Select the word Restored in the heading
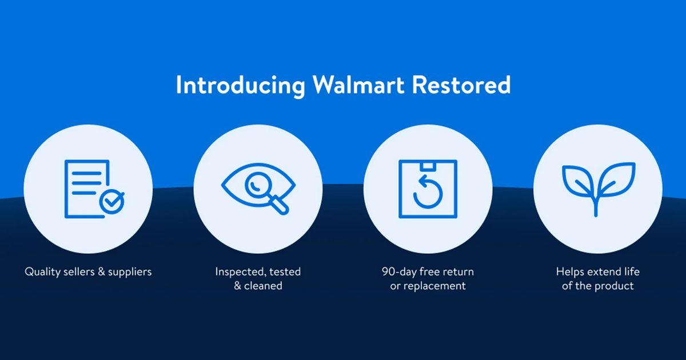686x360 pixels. (461, 85)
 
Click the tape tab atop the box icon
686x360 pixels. (427, 165)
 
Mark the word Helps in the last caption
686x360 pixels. (571, 271)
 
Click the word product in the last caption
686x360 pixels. (614, 286)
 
